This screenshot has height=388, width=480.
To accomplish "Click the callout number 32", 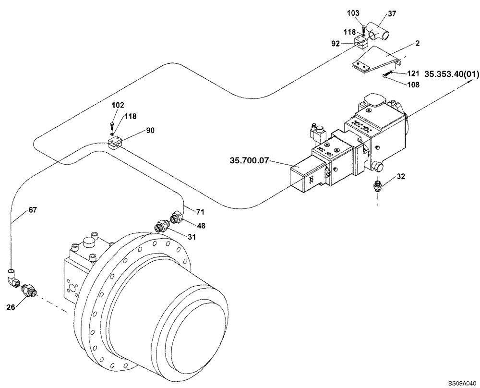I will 401,177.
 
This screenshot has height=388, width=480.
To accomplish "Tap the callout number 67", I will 33,210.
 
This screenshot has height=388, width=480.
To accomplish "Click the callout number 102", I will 105,105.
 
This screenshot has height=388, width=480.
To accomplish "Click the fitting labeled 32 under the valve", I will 378,185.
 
